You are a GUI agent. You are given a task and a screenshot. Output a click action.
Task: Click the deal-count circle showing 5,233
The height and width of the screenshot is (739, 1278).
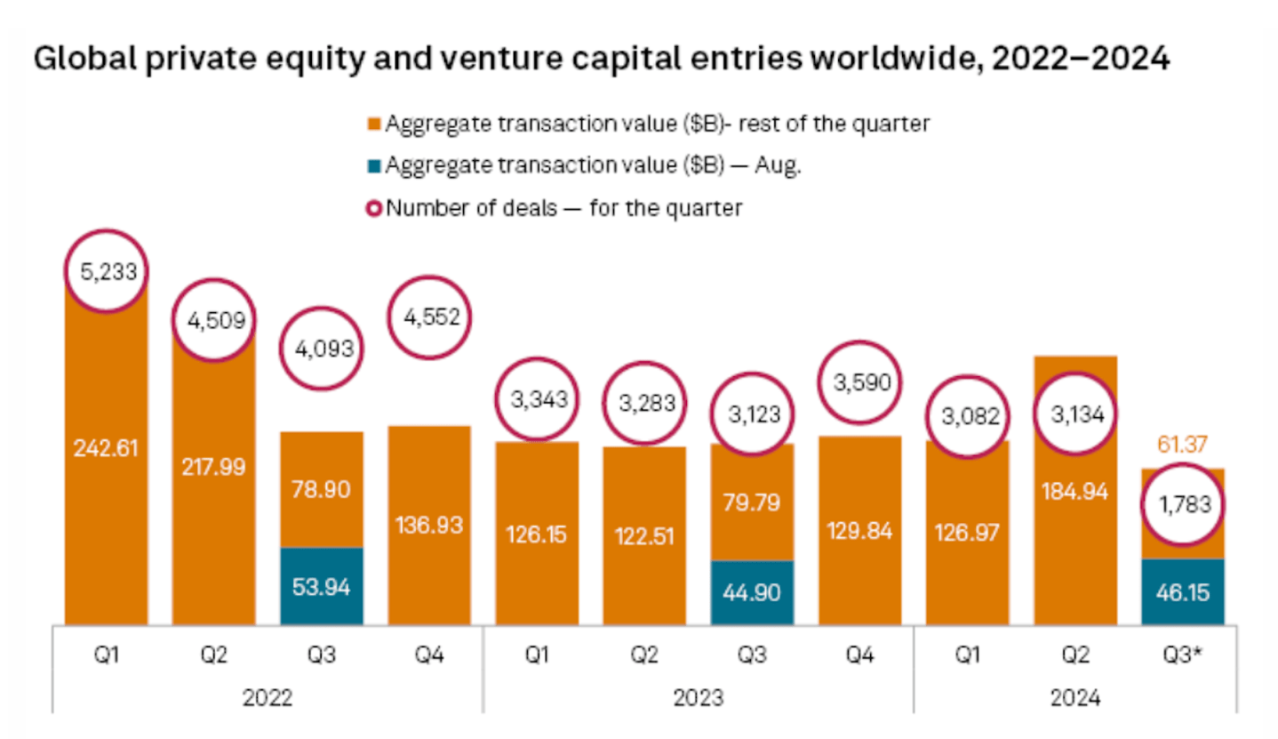106,271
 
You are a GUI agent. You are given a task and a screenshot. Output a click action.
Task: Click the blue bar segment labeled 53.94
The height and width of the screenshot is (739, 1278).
321,586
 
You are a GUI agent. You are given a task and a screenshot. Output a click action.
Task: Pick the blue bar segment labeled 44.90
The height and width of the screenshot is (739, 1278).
752,592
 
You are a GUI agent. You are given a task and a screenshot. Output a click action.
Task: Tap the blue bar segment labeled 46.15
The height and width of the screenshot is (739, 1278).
1182,591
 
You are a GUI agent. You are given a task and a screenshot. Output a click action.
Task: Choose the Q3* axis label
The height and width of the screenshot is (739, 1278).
1182,656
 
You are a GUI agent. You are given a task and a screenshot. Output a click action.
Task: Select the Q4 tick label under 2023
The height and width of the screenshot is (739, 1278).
859,656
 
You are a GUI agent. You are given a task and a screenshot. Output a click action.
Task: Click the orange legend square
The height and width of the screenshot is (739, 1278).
376,125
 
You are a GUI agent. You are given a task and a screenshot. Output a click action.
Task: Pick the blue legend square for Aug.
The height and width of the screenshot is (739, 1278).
376,166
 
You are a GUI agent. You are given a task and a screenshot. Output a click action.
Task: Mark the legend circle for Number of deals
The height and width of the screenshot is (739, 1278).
376,209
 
